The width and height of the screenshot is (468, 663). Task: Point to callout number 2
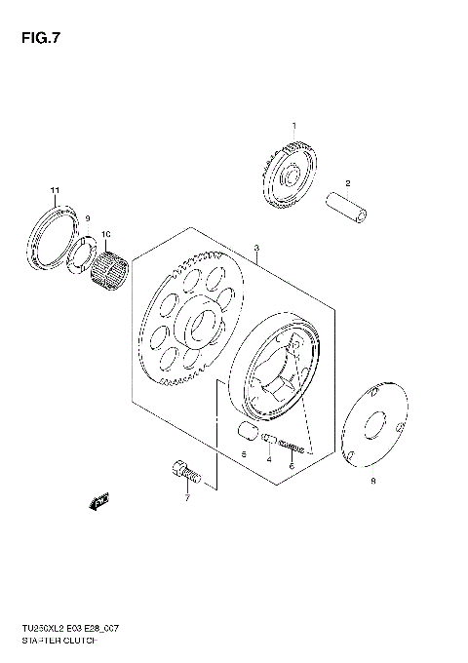coord(347,183)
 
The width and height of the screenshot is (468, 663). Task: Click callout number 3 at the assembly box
coord(255,250)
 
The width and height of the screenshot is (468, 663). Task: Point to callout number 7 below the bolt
coord(187,498)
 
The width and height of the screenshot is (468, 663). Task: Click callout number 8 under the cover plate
coord(371,481)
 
